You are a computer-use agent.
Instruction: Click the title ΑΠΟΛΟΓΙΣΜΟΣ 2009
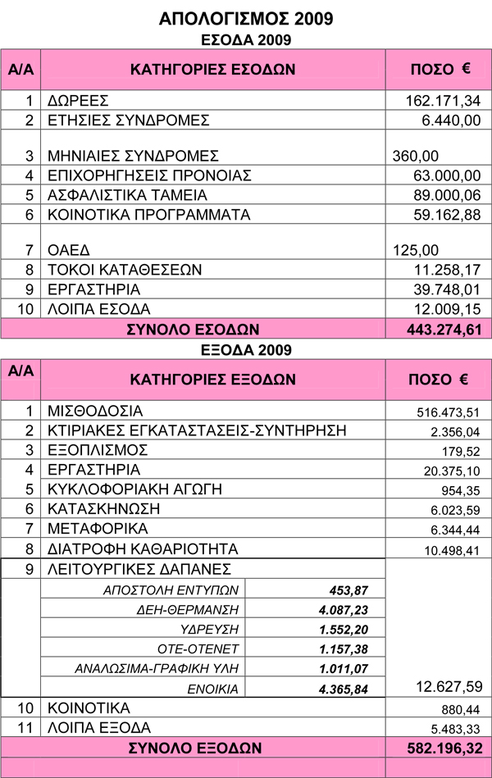pyautogui.click(x=246, y=18)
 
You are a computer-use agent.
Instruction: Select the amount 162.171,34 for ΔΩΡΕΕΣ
pyautogui.click(x=442, y=101)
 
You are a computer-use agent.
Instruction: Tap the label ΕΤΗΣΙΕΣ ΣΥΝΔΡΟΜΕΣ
pyautogui.click(x=128, y=121)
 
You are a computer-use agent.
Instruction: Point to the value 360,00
pyautogui.click(x=417, y=156)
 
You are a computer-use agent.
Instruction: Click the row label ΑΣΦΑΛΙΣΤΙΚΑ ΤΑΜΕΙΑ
pyautogui.click(x=127, y=195)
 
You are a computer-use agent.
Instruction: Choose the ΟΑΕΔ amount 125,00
pyautogui.click(x=417, y=250)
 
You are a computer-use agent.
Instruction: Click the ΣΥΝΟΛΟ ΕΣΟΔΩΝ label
pyautogui.click(x=193, y=330)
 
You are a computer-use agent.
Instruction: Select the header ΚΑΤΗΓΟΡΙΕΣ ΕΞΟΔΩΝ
pyautogui.click(x=212, y=380)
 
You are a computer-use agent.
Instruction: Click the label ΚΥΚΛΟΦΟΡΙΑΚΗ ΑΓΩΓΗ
pyautogui.click(x=136, y=489)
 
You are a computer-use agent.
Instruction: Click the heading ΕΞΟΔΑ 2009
pyautogui.click(x=246, y=349)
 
